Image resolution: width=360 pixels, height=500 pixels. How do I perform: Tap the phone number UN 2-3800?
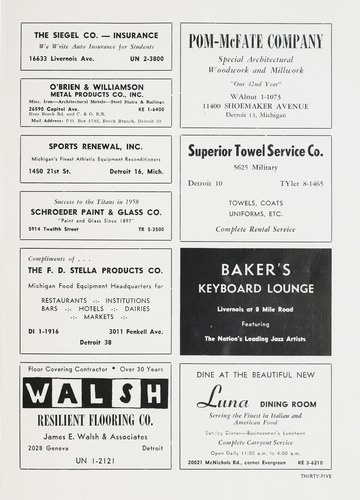pos(145,59)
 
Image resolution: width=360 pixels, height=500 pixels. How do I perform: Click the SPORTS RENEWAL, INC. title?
pos(95,149)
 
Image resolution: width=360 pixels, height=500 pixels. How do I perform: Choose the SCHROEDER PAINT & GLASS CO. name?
pos(95,212)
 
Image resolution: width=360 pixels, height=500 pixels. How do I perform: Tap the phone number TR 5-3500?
pos(149,229)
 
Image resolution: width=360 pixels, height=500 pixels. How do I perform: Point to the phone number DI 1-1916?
pos(41,329)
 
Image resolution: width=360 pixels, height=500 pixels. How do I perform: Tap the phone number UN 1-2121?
pos(95,462)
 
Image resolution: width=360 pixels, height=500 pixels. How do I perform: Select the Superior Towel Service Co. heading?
pos(255,151)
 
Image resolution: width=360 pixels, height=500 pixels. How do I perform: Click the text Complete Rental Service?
pos(255,229)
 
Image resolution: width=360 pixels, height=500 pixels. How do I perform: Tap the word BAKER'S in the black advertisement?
pos(255,270)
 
